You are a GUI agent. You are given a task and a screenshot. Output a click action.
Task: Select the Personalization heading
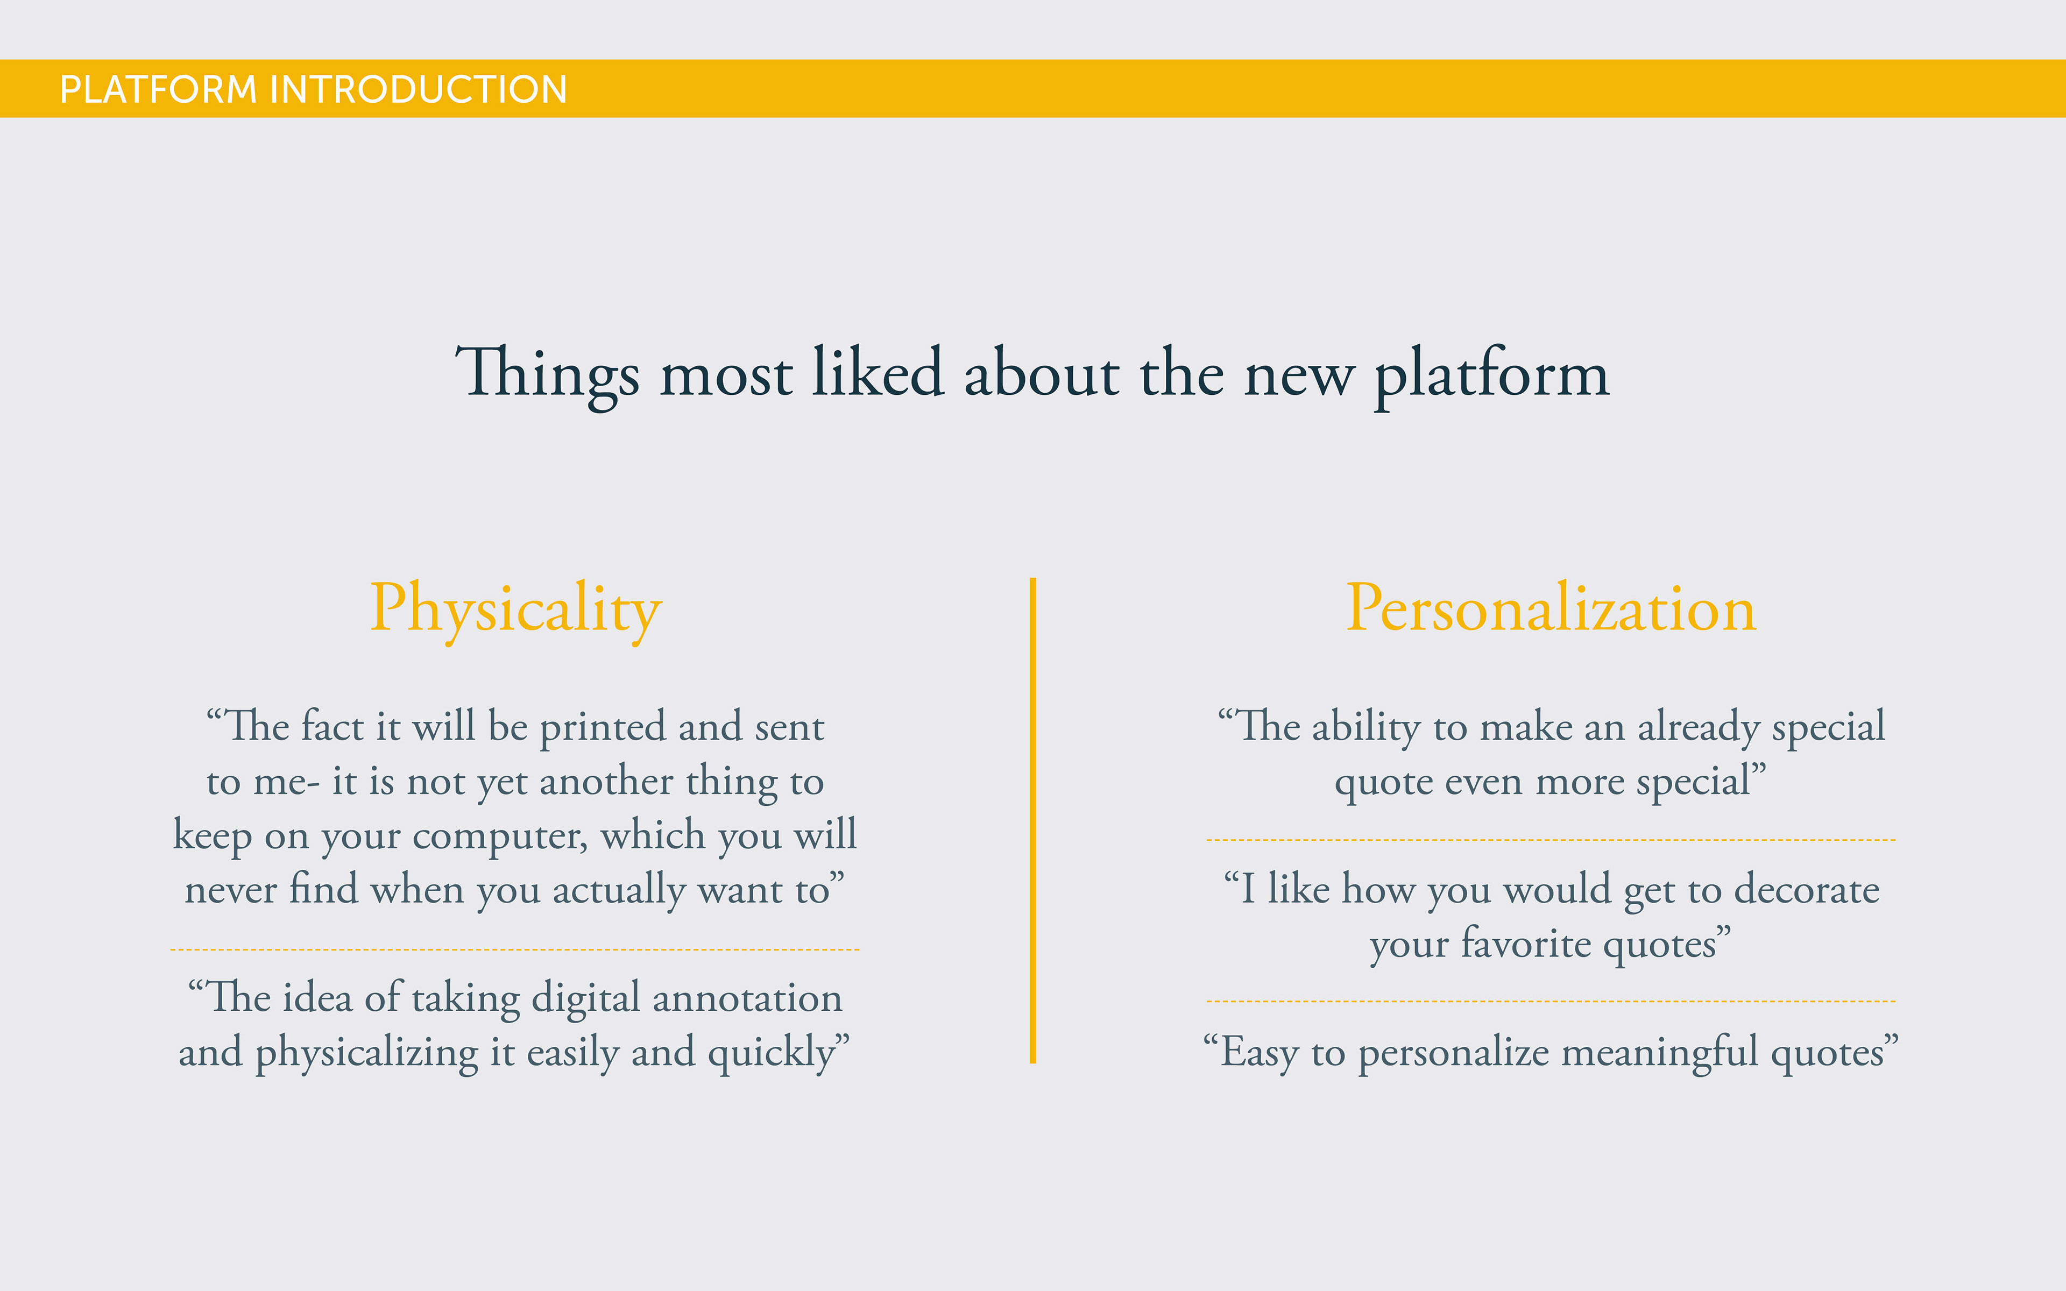point(1551,609)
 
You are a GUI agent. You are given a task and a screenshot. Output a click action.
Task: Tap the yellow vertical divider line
point(1033,820)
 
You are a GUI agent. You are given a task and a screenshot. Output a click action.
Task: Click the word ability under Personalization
point(1366,727)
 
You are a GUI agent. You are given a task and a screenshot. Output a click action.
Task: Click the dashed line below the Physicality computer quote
point(515,949)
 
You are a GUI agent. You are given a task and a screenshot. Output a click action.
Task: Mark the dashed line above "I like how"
point(1551,840)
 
